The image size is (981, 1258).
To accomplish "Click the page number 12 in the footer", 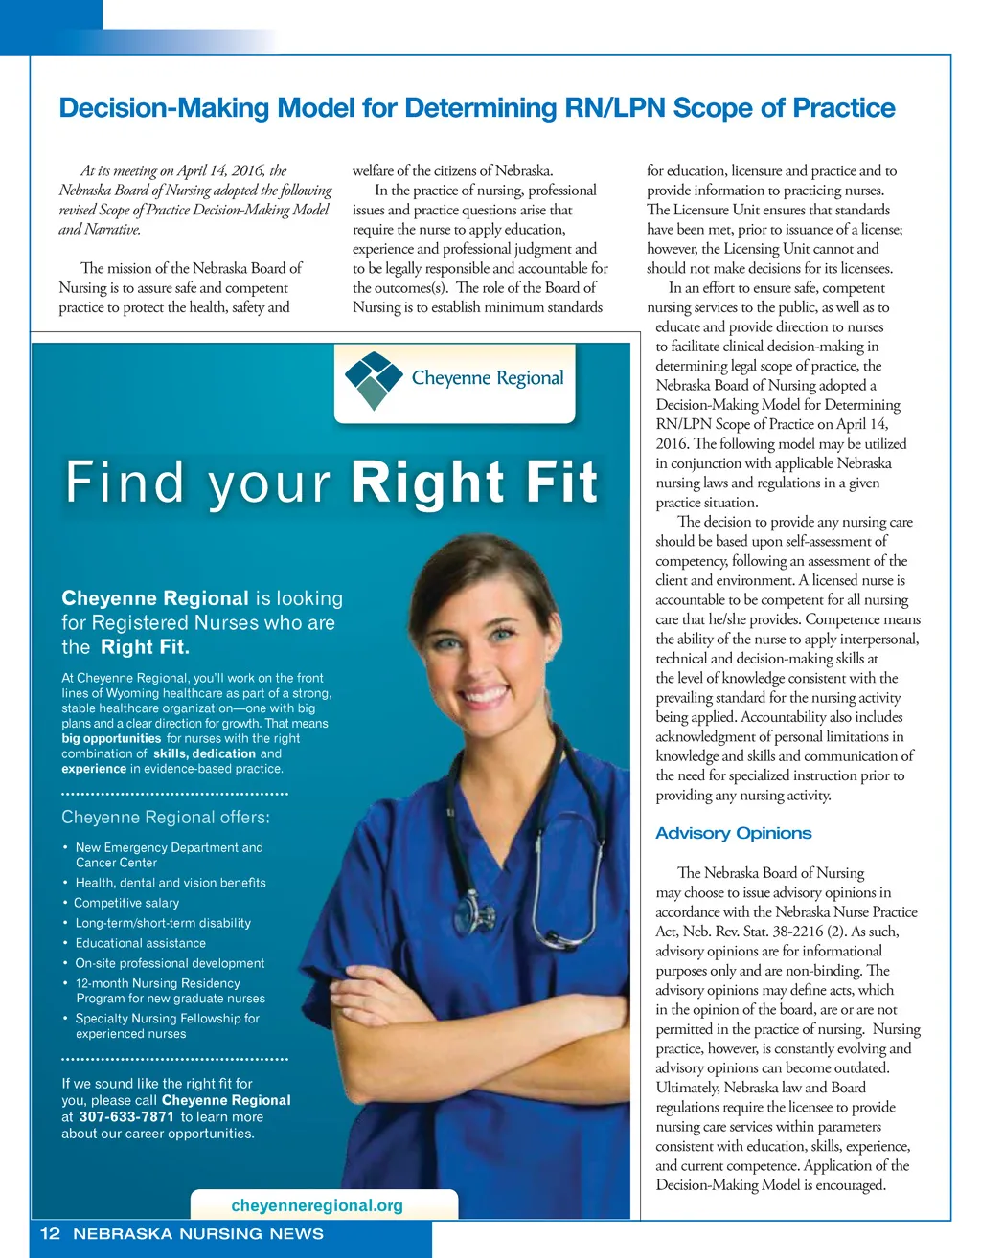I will [50, 1233].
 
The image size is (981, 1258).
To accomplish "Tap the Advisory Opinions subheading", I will [733, 833].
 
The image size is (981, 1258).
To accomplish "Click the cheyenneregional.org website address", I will [317, 1205].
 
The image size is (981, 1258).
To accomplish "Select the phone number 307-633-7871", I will [126, 1117].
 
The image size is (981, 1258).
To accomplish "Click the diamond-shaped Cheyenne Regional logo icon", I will [373, 379].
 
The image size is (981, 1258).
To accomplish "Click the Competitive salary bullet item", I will [126, 903].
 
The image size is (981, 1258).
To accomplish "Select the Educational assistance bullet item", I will [141, 943].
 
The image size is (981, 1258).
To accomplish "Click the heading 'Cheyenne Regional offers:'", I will [166, 817].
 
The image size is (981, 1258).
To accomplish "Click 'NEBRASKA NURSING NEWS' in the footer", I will [198, 1233].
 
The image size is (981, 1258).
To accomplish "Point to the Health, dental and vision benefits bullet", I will [171, 883].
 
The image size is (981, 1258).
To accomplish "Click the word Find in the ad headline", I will [124, 482].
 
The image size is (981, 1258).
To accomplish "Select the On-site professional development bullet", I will [170, 963].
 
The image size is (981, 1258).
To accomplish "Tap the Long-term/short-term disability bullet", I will [163, 923].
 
